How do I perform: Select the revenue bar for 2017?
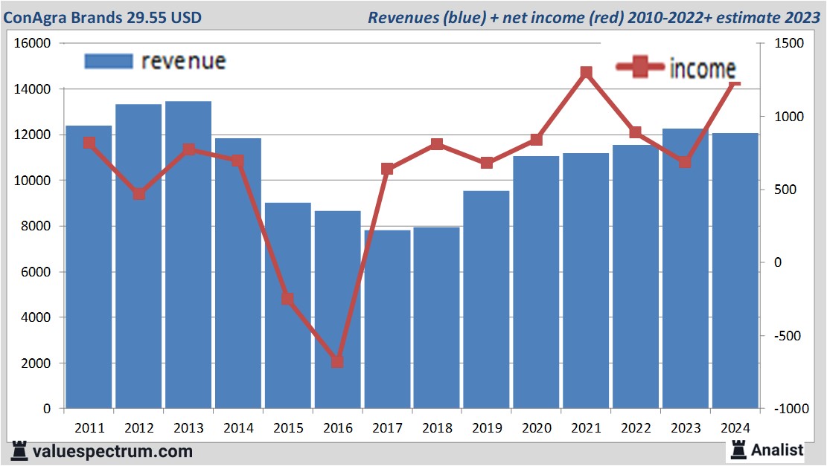click(387, 319)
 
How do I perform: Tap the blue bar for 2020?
click(536, 282)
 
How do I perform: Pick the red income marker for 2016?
click(337, 362)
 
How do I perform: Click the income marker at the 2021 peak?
click(587, 73)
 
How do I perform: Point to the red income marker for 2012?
click(139, 194)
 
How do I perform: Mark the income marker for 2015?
click(287, 299)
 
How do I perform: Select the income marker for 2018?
click(437, 144)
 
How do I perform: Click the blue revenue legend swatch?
click(109, 61)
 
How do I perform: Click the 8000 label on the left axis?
click(35, 227)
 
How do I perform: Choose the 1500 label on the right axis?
click(789, 44)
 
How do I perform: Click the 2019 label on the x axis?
click(487, 428)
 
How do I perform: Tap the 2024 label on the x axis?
click(735, 428)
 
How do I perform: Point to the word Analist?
click(777, 450)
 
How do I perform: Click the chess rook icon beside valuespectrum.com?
click(19, 450)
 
